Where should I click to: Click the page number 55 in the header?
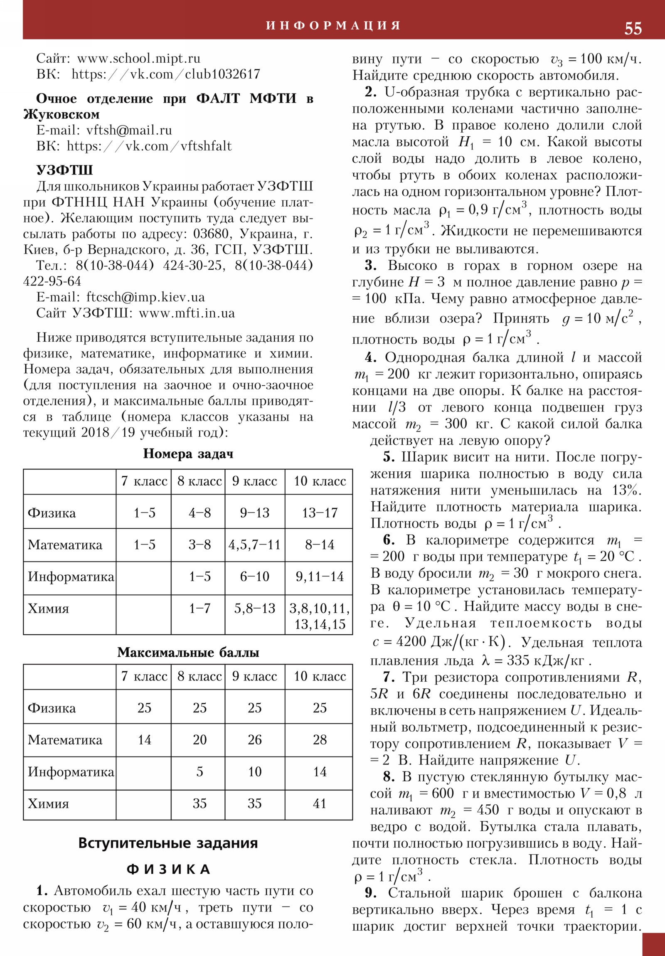(x=633, y=28)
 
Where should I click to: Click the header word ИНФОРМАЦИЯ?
(x=333, y=25)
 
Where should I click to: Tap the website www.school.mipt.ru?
(x=139, y=58)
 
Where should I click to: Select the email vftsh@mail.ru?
(x=129, y=131)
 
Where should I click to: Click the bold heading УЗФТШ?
(x=64, y=170)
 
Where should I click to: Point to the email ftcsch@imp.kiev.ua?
(x=145, y=297)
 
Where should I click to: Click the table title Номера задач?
(x=188, y=453)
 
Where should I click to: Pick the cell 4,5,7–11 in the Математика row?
(x=254, y=545)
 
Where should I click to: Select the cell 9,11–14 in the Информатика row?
(x=319, y=577)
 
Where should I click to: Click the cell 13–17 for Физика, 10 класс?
(x=319, y=512)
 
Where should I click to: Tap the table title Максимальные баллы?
(x=188, y=652)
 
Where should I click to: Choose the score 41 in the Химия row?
(x=319, y=803)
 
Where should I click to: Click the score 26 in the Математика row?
(x=254, y=740)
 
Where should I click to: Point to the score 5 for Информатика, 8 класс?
(x=199, y=771)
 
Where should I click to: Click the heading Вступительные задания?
(x=168, y=843)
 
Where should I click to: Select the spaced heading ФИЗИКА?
(x=168, y=870)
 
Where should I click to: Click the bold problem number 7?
(x=389, y=678)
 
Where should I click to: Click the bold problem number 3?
(x=370, y=266)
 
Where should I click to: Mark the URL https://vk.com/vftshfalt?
(x=149, y=146)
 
